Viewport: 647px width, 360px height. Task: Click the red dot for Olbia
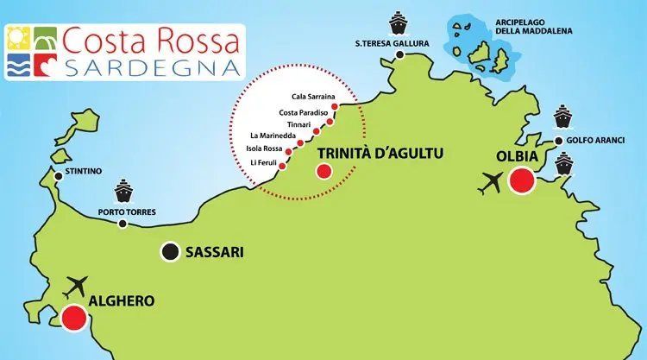coord(521,181)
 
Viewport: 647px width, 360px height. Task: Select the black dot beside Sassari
coord(170,252)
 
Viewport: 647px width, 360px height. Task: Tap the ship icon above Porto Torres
coord(122,188)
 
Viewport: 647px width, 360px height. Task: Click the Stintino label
coord(84,171)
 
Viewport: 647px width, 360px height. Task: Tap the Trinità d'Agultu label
coord(380,153)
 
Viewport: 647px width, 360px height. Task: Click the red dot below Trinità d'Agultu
coord(323,171)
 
